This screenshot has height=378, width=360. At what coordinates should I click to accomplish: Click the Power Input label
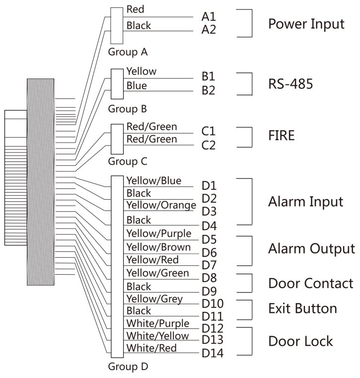[306, 23]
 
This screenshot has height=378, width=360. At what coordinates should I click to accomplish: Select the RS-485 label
[290, 83]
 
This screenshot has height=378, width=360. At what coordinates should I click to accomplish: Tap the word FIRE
[282, 135]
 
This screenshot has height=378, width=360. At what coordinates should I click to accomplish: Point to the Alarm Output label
[311, 248]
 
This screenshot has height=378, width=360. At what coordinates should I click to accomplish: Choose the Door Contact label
[311, 283]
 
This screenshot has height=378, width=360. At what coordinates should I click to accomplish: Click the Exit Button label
[302, 308]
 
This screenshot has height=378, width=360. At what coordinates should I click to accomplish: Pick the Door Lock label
[300, 341]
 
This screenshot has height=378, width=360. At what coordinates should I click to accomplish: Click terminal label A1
[209, 16]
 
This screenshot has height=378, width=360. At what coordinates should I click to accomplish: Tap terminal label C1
[209, 132]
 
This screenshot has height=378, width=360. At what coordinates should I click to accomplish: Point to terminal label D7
[209, 264]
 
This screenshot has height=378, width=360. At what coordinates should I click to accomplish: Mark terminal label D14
[212, 354]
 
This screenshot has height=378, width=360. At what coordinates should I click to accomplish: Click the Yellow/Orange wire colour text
[158, 205]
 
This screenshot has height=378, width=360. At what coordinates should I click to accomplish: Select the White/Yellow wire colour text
[157, 336]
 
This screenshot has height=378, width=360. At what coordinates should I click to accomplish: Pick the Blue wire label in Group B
[137, 86]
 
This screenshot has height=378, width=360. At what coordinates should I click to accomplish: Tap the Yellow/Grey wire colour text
[154, 299]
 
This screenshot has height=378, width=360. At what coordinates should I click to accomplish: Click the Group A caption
[128, 51]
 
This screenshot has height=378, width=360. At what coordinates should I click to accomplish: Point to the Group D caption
[128, 367]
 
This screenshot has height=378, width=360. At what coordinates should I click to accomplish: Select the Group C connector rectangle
[116, 139]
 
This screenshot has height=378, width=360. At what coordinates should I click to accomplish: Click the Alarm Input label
[305, 202]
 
